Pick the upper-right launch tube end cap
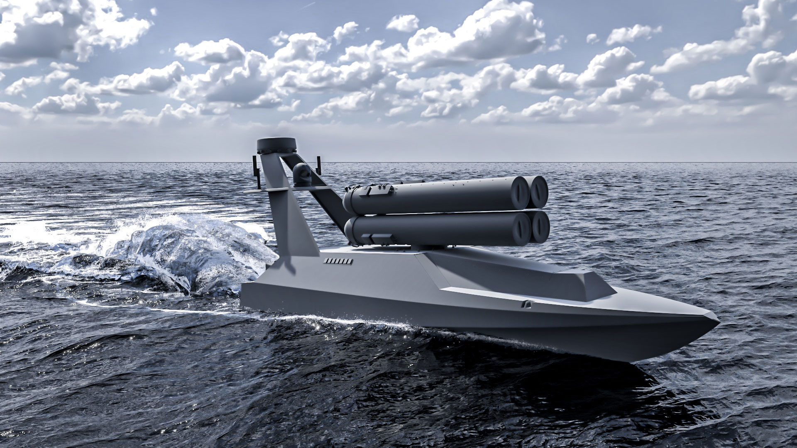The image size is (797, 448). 539,191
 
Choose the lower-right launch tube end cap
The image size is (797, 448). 540,227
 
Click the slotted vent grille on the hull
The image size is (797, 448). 338,261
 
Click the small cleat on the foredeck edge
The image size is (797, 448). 527,305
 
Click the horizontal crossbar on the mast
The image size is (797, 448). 270,190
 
